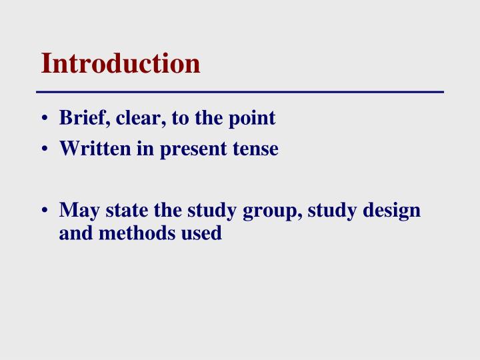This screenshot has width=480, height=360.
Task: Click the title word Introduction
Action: coord(120,63)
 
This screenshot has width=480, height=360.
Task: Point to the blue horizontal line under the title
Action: coord(240,91)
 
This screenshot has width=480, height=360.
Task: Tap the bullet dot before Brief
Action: coord(44,119)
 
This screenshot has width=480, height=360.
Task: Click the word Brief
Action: coord(80,119)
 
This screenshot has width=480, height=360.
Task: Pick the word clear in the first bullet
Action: coord(131,119)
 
